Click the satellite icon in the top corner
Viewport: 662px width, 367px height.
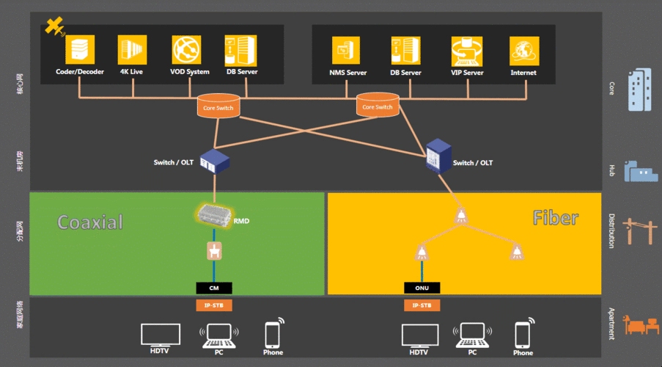click(x=54, y=27)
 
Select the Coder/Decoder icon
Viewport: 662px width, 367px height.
click(x=80, y=50)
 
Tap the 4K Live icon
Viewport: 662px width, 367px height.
click(x=133, y=50)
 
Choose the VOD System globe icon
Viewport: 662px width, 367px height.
click(x=186, y=50)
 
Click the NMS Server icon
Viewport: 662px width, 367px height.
click(x=346, y=51)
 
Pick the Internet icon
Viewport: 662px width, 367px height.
click(x=524, y=51)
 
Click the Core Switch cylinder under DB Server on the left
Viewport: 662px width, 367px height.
click(x=218, y=106)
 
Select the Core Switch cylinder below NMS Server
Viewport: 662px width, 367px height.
click(x=378, y=105)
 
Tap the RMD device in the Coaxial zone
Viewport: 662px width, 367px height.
click(x=214, y=214)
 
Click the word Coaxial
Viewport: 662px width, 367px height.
click(x=90, y=222)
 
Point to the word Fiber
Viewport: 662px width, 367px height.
click(x=555, y=218)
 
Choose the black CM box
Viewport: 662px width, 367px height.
click(x=214, y=288)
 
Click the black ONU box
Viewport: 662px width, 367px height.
click(x=422, y=288)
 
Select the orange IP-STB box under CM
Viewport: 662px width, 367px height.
click(x=214, y=305)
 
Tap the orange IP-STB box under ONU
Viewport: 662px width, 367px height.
click(x=422, y=305)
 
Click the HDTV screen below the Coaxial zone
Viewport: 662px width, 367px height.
click(x=161, y=335)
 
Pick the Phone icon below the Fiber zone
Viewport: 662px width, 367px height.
click(x=523, y=335)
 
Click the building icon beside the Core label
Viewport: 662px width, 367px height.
click(x=639, y=90)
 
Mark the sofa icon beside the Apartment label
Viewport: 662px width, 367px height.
click(x=637, y=325)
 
